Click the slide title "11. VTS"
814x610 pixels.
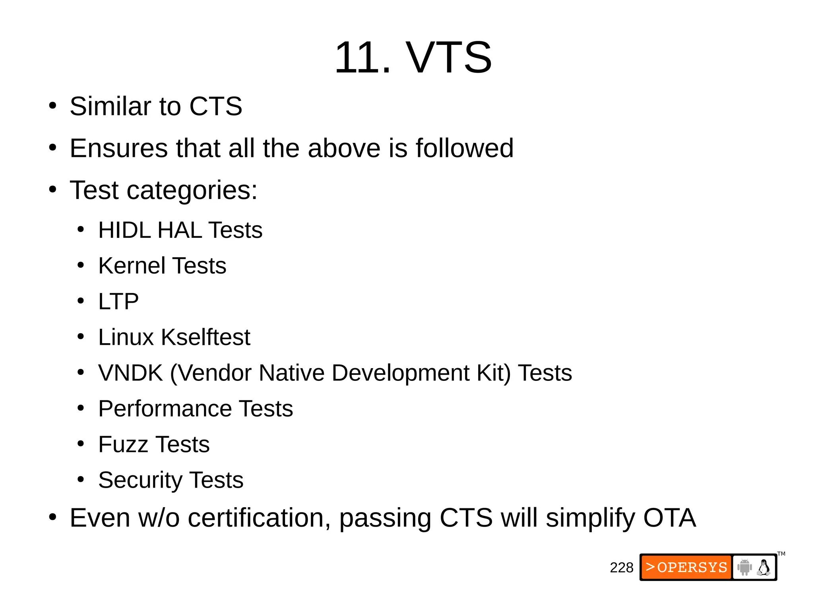[x=413, y=58]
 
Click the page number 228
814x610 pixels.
[x=621, y=568]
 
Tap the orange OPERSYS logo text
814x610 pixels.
[x=686, y=567]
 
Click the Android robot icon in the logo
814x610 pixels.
[x=744, y=567]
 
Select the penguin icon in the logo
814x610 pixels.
[x=764, y=568]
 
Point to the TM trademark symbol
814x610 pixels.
[x=781, y=554]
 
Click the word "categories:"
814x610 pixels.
[x=192, y=190]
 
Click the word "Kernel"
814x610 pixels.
[x=132, y=266]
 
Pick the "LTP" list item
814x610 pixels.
[x=118, y=301]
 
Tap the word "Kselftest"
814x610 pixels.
[x=205, y=337]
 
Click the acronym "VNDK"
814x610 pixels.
[x=130, y=373]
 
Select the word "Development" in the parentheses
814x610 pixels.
[x=400, y=373]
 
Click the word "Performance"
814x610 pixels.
[x=165, y=409]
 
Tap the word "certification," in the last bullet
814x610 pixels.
[x=259, y=518]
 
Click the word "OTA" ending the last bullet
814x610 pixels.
[x=669, y=518]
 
